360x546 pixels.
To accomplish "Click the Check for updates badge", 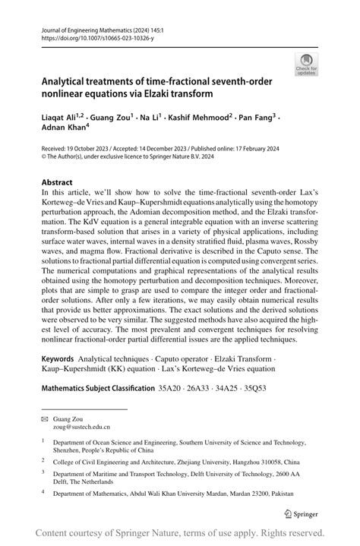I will point(308,64).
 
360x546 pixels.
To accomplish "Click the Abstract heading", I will point(58,183).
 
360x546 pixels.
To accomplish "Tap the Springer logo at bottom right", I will point(305,513).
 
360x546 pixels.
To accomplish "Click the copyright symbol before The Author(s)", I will point(44,160).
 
